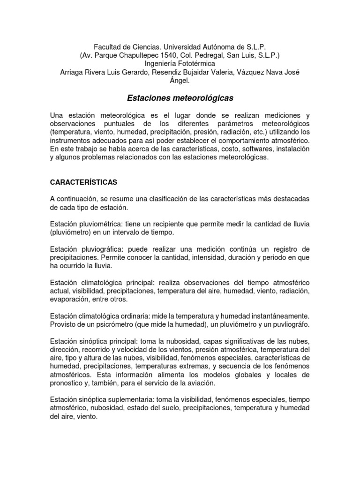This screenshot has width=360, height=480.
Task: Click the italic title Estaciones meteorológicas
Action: click(180, 98)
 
